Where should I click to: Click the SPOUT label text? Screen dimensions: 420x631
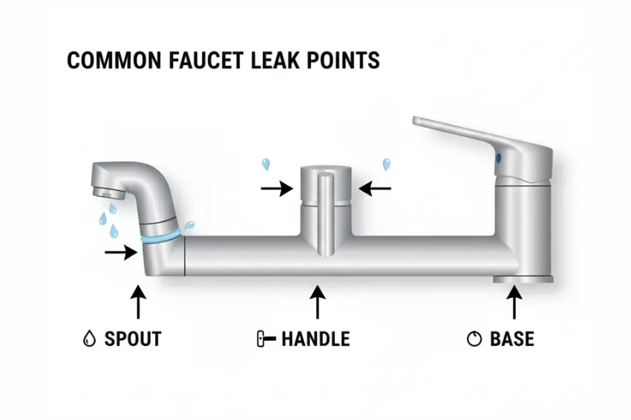pyautogui.click(x=133, y=340)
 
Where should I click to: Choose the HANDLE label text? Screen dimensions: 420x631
pyautogui.click(x=315, y=340)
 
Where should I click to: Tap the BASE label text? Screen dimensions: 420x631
pyautogui.click(x=511, y=340)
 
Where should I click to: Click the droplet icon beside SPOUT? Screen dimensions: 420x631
pyautogui.click(x=89, y=340)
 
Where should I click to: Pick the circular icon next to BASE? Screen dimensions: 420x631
pyautogui.click(x=474, y=340)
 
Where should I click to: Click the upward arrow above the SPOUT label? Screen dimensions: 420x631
pyautogui.click(x=138, y=304)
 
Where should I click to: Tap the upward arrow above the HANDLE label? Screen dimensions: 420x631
pyautogui.click(x=318, y=304)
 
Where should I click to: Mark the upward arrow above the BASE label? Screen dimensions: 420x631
pyautogui.click(x=514, y=304)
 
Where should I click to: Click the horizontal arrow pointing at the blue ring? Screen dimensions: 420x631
pyautogui.click(x=121, y=253)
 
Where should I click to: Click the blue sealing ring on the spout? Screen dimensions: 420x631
pyautogui.click(x=162, y=237)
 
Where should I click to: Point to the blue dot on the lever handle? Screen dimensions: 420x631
pyautogui.click(x=498, y=157)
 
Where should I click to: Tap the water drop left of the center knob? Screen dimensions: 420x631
pyautogui.click(x=266, y=164)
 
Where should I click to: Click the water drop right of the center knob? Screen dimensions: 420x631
pyautogui.click(x=385, y=164)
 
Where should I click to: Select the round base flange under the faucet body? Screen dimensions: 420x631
pyautogui.click(x=523, y=280)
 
